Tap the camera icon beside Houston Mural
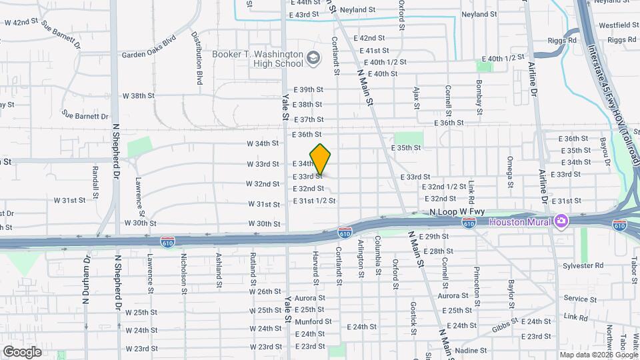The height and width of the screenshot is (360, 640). coord(561,221)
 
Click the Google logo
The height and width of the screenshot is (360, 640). coord(22,352)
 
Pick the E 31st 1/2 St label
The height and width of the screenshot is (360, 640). coord(314,201)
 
